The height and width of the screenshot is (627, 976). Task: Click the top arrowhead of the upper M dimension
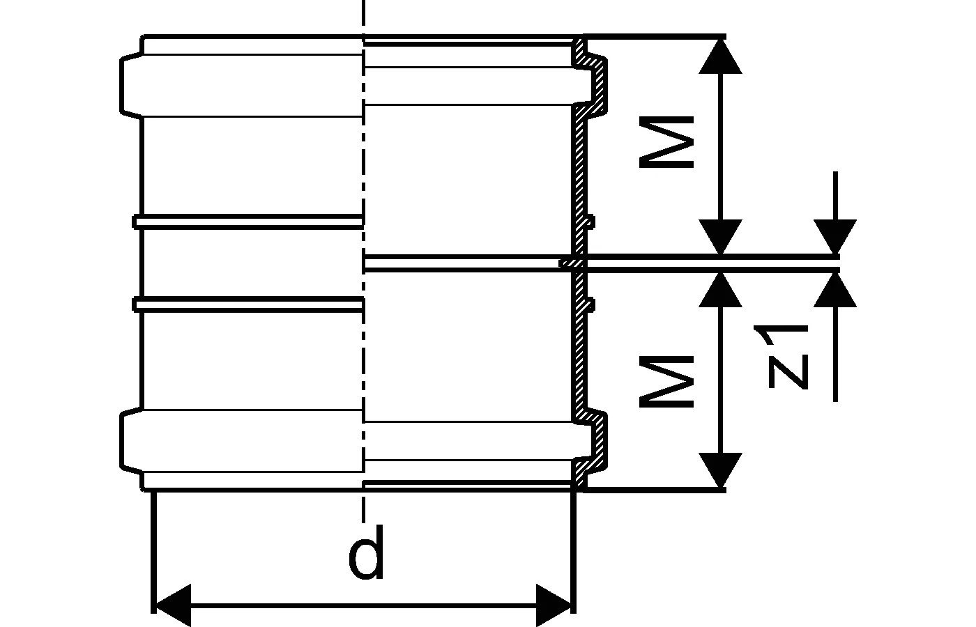click(720, 56)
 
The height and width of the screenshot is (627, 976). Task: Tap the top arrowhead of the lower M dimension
click(720, 290)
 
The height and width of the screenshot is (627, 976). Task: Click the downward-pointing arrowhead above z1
click(835, 236)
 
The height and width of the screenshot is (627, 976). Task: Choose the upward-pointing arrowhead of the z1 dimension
click(835, 290)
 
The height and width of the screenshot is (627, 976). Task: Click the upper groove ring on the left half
click(247, 221)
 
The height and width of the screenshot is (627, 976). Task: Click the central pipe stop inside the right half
click(467, 263)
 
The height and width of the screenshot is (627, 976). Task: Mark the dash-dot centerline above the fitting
click(363, 17)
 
